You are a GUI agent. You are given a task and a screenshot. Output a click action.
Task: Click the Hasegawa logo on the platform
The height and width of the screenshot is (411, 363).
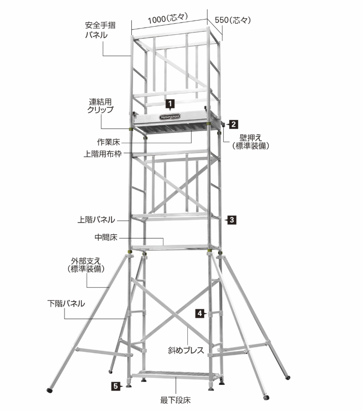click(170, 117)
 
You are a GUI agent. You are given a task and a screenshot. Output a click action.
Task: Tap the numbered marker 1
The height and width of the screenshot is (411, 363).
click(170, 104)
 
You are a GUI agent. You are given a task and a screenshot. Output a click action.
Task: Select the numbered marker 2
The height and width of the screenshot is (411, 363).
click(233, 124)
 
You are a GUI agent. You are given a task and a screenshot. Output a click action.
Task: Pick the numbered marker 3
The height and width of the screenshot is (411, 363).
click(232, 220)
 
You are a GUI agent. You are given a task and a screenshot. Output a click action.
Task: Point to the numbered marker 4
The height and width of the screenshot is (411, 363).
click(200, 313)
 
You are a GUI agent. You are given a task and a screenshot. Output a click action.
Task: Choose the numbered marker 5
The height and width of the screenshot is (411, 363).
click(116, 386)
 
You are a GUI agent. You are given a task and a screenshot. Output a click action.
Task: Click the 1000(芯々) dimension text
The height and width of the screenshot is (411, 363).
click(168, 19)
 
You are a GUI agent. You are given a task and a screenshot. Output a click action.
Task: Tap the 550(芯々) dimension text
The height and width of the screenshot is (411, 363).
click(233, 20)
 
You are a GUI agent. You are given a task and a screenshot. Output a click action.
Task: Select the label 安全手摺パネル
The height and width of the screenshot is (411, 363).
click(100, 30)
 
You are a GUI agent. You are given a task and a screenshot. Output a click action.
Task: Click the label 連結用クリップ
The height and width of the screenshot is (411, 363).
click(100, 105)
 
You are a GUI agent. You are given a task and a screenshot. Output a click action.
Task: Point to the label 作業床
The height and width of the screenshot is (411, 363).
click(108, 142)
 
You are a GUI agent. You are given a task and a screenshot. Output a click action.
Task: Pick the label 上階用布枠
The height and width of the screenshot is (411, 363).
click(103, 154)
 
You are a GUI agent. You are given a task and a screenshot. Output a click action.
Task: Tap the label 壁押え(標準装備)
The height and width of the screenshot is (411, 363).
click(251, 142)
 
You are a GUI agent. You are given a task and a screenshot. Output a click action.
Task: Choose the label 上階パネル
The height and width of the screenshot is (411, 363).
click(96, 220)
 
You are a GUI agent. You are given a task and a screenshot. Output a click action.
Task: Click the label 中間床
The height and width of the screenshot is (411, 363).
click(106, 237)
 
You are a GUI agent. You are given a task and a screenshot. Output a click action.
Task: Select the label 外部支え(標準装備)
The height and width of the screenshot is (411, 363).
click(86, 265)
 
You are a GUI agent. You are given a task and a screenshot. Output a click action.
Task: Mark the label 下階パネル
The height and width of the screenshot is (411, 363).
click(66, 304)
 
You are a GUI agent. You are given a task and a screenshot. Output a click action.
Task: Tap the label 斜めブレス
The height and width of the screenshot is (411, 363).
click(186, 350)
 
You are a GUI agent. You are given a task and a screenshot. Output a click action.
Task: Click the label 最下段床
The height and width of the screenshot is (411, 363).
click(175, 400)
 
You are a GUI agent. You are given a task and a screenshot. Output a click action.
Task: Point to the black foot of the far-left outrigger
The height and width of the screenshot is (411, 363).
click(50, 390)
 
